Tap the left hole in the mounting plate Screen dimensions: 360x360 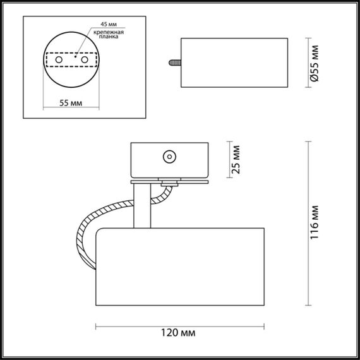pos(57,60)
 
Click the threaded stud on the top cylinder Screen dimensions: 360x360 pos(174,63)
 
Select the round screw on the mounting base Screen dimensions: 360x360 pos(169,158)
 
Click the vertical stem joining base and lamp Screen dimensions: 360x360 pos(144,205)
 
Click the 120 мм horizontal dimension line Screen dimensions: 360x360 pos(177,325)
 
